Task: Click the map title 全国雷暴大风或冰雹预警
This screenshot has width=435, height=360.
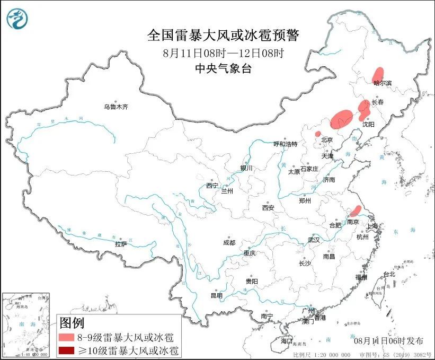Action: [223, 36]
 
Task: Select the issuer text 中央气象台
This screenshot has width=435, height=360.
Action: [223, 68]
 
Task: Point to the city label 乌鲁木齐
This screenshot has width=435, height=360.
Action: [116, 107]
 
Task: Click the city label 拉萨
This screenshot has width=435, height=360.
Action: [121, 244]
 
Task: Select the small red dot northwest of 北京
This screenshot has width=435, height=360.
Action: [317, 134]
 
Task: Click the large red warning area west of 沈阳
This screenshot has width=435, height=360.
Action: [341, 118]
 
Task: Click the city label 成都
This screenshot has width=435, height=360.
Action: [229, 242]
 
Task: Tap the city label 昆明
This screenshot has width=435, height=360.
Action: [217, 295]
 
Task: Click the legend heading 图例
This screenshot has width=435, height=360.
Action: [72, 322]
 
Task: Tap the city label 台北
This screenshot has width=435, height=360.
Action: [389, 274]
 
